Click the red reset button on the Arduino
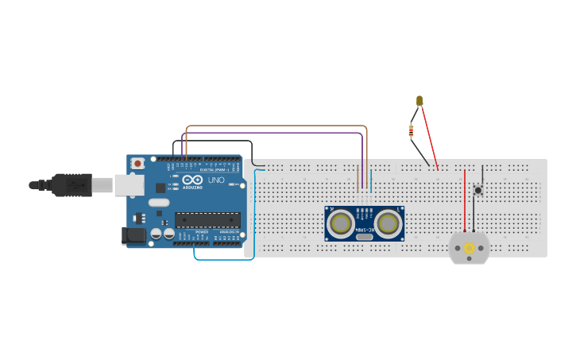(x=137, y=163)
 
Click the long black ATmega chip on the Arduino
(x=207, y=220)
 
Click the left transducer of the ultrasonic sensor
(x=341, y=223)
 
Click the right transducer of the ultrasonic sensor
(x=388, y=223)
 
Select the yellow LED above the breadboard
(x=419, y=101)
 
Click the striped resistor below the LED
(x=411, y=130)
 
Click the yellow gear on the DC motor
(x=469, y=248)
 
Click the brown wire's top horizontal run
(x=278, y=126)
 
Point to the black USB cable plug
(x=72, y=185)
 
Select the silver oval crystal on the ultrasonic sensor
(x=365, y=237)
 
